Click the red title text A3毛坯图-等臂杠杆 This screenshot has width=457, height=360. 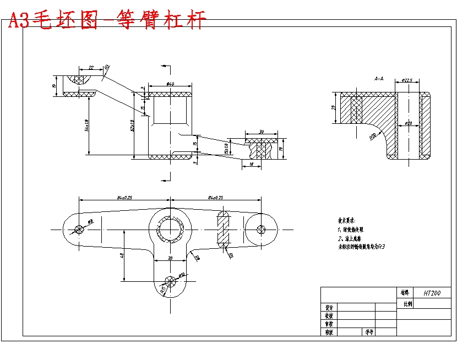coord(107,20)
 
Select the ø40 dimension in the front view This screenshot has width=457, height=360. coord(170,84)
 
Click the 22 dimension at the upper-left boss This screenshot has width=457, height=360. coord(91,67)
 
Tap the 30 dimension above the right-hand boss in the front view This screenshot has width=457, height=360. coord(262,132)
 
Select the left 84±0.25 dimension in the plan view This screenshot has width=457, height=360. coord(124,197)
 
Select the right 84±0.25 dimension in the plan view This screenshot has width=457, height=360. coord(216,197)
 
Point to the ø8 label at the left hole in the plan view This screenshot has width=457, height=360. coord(91,221)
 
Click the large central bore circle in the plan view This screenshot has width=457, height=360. coord(170,229)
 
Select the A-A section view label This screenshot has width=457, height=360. coord(379,79)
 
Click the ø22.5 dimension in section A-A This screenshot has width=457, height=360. coord(407,80)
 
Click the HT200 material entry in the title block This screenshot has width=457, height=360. coord(432,293)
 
